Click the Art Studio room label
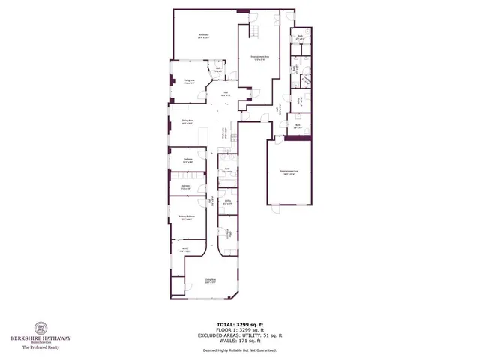203,35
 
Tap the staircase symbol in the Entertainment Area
256,31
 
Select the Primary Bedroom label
186,218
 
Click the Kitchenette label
224,134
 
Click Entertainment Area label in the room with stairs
260,58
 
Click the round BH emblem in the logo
41,328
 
